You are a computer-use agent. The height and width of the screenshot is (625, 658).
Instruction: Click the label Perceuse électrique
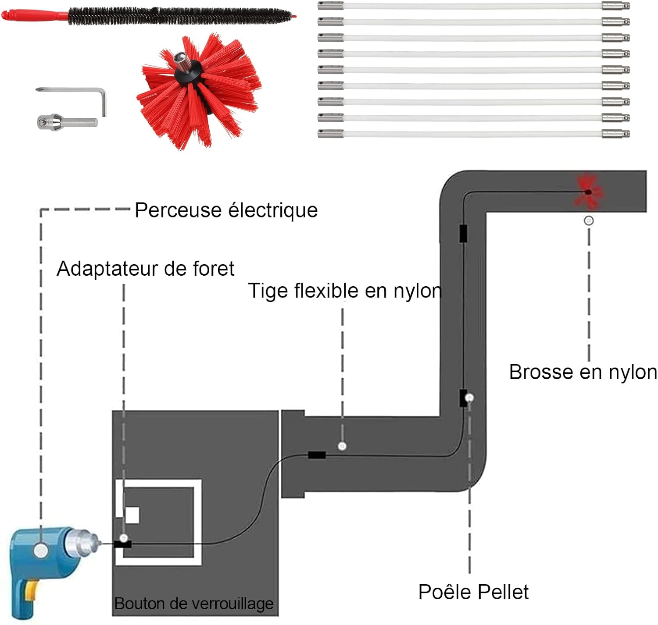pyautogui.click(x=226, y=210)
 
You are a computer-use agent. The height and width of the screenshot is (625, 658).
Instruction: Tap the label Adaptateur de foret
pyautogui.click(x=145, y=269)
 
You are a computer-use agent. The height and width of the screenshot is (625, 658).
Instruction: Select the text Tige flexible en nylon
pyautogui.click(x=345, y=291)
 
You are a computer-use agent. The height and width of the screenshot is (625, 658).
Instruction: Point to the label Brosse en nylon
pyautogui.click(x=583, y=372)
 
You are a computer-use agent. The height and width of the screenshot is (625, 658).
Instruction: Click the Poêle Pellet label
pyautogui.click(x=473, y=592)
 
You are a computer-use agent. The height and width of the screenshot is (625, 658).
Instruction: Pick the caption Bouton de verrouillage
pyautogui.click(x=194, y=604)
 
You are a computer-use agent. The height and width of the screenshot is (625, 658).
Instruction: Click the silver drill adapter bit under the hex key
pyautogui.click(x=67, y=122)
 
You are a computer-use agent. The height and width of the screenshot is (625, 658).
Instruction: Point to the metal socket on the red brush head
pyautogui.click(x=183, y=61)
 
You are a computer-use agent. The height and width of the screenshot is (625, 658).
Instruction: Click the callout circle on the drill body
pyautogui.click(x=41, y=550)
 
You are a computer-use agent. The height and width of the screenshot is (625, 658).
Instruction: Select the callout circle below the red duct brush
pyautogui.click(x=588, y=220)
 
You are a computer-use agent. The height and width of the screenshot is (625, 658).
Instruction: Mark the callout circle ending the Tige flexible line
pyautogui.click(x=342, y=446)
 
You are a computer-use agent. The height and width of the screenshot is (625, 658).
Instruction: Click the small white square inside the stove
pyautogui.click(x=132, y=515)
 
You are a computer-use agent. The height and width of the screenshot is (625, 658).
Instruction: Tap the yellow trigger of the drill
pyautogui.click(x=31, y=591)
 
